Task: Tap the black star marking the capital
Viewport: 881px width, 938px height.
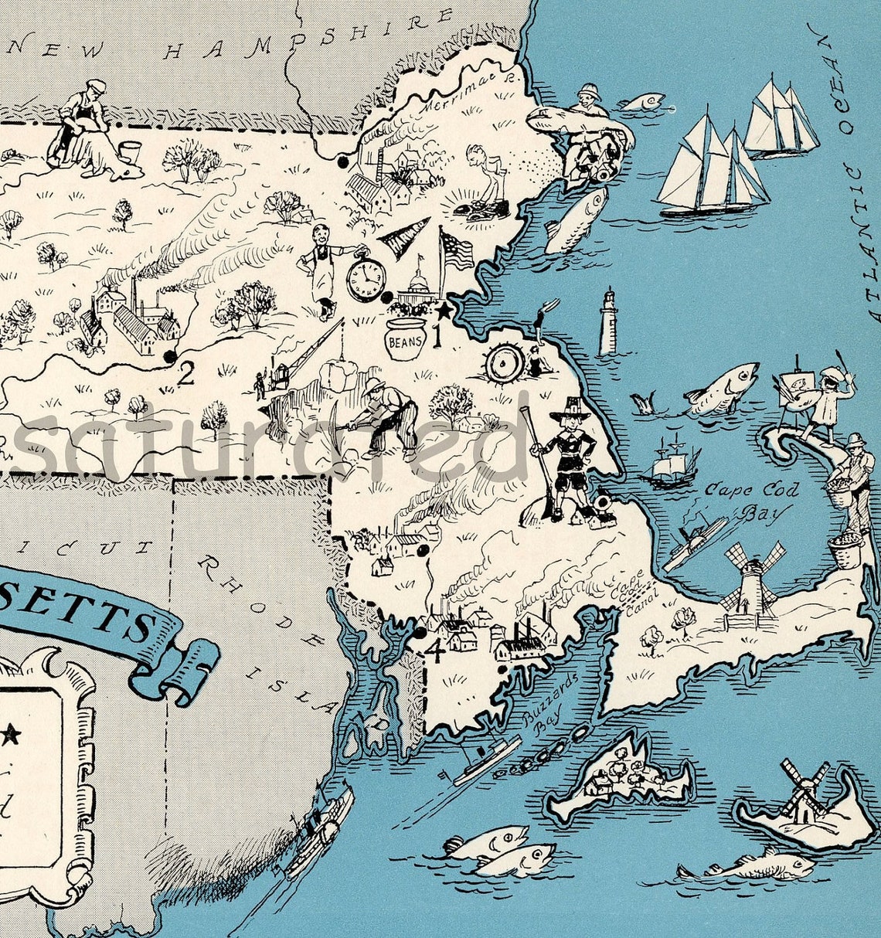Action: [x=444, y=312]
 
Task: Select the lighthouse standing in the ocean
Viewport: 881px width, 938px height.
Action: [x=609, y=322]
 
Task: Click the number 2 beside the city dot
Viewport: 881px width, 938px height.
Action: [x=185, y=374]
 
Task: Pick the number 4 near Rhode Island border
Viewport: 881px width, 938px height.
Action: [x=435, y=651]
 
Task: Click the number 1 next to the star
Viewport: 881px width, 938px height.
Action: [x=436, y=335]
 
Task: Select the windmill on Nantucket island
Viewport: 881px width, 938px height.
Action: [x=804, y=788]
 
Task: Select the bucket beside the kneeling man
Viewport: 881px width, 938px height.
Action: [x=128, y=150]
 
